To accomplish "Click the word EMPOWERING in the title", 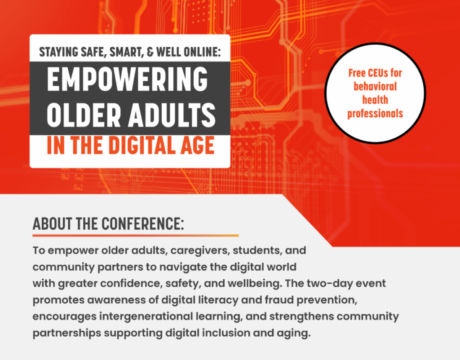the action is [x=127, y=79].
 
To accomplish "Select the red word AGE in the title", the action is [x=198, y=145].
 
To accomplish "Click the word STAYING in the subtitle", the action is [x=59, y=52].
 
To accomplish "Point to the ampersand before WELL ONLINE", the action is [x=150, y=52].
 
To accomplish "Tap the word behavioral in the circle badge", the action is [x=375, y=87].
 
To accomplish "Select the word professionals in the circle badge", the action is [x=375, y=114].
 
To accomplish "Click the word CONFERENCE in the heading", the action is [x=142, y=224].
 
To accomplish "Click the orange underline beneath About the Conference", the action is [x=136, y=235].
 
